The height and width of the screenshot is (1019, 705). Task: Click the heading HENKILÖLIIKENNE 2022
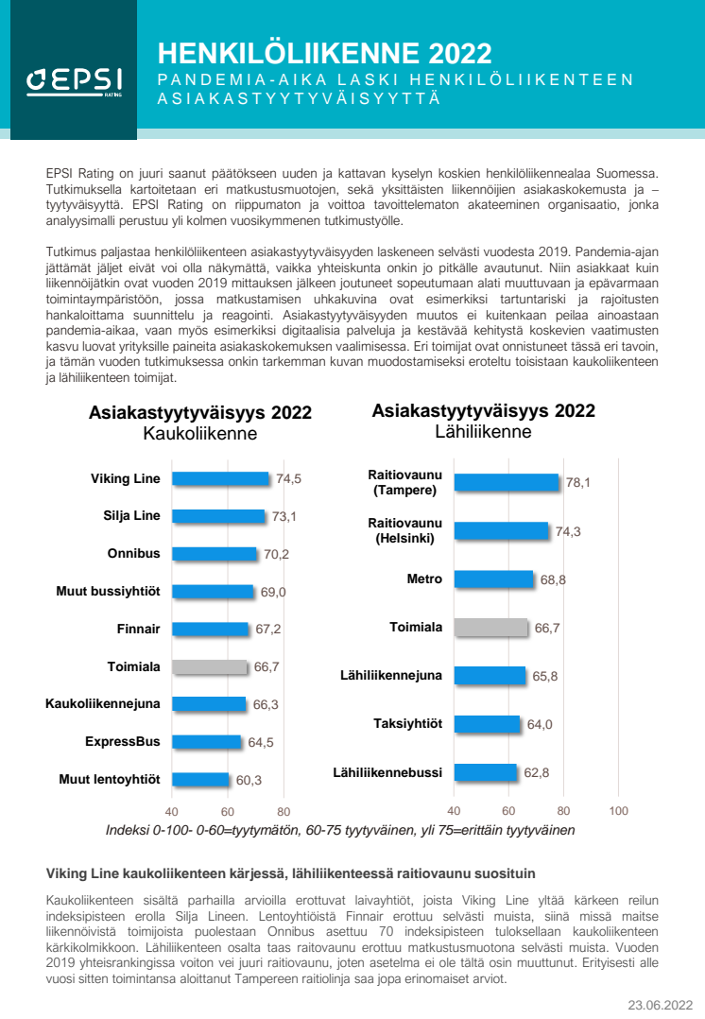(x=324, y=52)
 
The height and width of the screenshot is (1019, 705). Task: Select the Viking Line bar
(x=221, y=479)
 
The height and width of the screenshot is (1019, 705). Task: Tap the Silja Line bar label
(x=131, y=516)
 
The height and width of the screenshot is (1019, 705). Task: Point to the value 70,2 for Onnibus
(x=276, y=555)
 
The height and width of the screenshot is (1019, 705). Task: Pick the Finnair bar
(x=211, y=630)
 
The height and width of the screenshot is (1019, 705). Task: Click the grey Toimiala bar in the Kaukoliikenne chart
(x=210, y=667)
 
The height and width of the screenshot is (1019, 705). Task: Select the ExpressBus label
(x=122, y=742)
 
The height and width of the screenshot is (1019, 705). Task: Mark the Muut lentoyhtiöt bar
(x=200, y=780)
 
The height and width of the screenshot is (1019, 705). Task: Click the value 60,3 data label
(x=249, y=781)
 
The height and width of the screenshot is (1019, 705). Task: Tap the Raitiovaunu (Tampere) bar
(x=507, y=483)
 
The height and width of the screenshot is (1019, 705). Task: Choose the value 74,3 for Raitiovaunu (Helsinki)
(x=568, y=532)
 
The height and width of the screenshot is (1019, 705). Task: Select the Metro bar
(x=493, y=579)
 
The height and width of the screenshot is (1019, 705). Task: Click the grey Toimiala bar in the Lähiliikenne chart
(x=490, y=628)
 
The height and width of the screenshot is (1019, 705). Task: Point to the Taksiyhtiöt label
(x=408, y=724)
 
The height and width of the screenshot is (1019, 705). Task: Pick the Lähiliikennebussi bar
(x=486, y=772)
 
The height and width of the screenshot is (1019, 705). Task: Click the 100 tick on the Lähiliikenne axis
(x=619, y=811)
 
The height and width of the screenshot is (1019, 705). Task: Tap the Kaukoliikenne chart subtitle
(x=200, y=434)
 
